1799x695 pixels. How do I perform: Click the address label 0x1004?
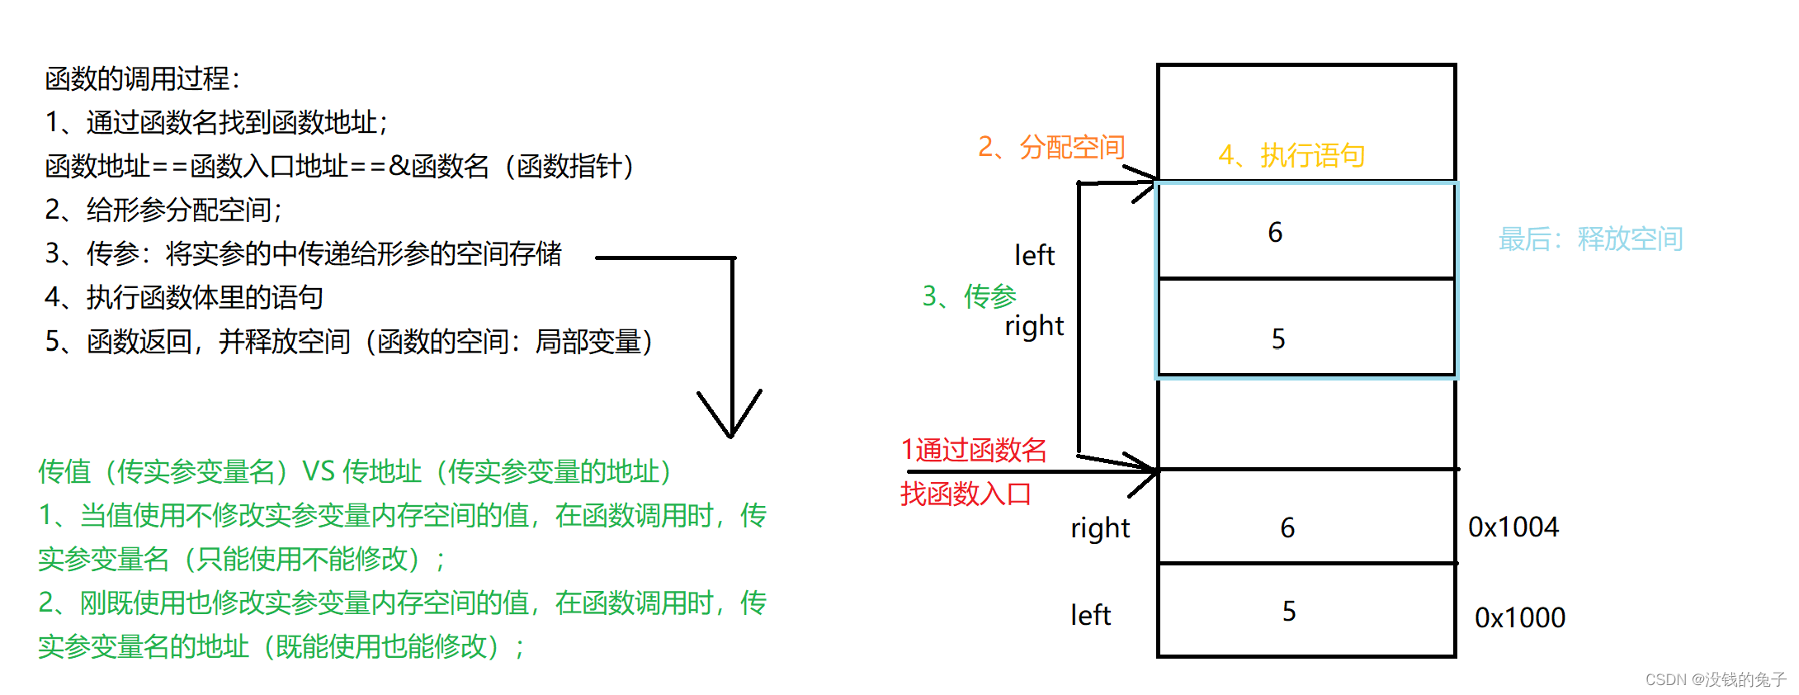pyautogui.click(x=1513, y=527)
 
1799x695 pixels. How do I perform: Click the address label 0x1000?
pyautogui.click(x=1519, y=617)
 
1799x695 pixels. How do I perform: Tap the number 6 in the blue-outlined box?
pyautogui.click(x=1275, y=232)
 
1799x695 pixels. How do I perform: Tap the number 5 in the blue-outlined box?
pyautogui.click(x=1278, y=338)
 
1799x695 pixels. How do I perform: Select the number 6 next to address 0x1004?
pyautogui.click(x=1287, y=527)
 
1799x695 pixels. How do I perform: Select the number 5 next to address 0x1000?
pyautogui.click(x=1289, y=611)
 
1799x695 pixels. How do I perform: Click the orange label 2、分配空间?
pyautogui.click(x=1051, y=147)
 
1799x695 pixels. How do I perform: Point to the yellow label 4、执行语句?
pyautogui.click(x=1291, y=155)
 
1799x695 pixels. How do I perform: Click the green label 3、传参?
pyautogui.click(x=969, y=295)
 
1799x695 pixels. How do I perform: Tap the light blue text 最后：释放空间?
pyautogui.click(x=1590, y=239)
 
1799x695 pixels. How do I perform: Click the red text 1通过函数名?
pyautogui.click(x=974, y=450)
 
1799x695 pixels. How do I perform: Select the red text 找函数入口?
pyautogui.click(x=966, y=494)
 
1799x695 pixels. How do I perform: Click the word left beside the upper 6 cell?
pyautogui.click(x=1034, y=255)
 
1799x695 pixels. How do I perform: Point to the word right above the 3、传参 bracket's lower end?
pyautogui.click(x=1034, y=326)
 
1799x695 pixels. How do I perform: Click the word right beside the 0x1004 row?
pyautogui.click(x=1100, y=528)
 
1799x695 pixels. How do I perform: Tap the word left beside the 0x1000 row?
pyautogui.click(x=1090, y=615)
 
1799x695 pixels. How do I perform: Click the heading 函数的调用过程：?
pyautogui.click(x=142, y=79)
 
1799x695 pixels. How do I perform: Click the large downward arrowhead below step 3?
pyautogui.click(x=730, y=417)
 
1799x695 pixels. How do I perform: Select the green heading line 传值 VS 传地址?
pyautogui.click(x=355, y=471)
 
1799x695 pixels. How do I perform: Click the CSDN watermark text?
pyautogui.click(x=1715, y=679)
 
